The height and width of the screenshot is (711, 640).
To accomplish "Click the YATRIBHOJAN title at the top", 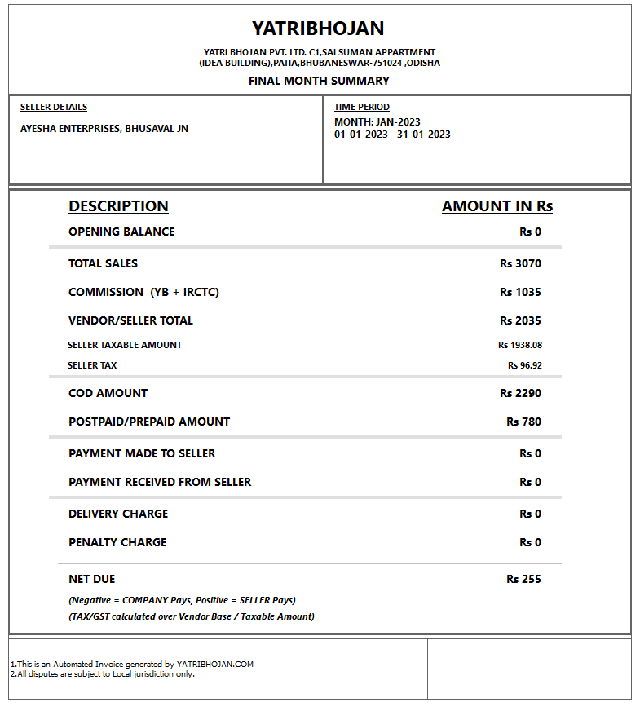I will [318, 29].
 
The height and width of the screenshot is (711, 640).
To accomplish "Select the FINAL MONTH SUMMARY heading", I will [319, 81].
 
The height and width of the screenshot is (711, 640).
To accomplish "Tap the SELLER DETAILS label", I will [54, 107].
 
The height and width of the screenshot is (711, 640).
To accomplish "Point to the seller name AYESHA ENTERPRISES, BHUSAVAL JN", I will [104, 129].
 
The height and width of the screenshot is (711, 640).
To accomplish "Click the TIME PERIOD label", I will [362, 107].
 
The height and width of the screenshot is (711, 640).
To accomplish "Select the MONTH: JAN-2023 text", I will [377, 122].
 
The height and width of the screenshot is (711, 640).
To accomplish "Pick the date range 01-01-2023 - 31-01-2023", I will [392, 135].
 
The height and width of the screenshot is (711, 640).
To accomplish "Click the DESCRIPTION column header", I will [118, 206].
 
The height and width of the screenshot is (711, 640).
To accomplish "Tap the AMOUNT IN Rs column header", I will [497, 206].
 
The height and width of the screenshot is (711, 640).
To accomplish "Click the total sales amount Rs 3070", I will [520, 263].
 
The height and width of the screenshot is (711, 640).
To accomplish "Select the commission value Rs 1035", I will [520, 292].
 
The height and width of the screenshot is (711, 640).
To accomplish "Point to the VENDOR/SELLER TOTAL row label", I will [130, 320].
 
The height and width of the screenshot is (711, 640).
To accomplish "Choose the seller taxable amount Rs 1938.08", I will [520, 345].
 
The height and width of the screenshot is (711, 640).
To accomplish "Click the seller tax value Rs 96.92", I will [524, 365].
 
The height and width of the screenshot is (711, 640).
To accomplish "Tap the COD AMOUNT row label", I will [108, 393].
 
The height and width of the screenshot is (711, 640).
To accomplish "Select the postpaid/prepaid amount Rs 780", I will [523, 422].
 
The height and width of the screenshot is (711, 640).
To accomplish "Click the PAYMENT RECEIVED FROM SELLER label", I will [160, 482].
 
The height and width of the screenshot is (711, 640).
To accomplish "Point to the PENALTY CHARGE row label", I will [117, 542].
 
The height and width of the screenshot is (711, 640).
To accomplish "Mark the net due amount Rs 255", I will [523, 579].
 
